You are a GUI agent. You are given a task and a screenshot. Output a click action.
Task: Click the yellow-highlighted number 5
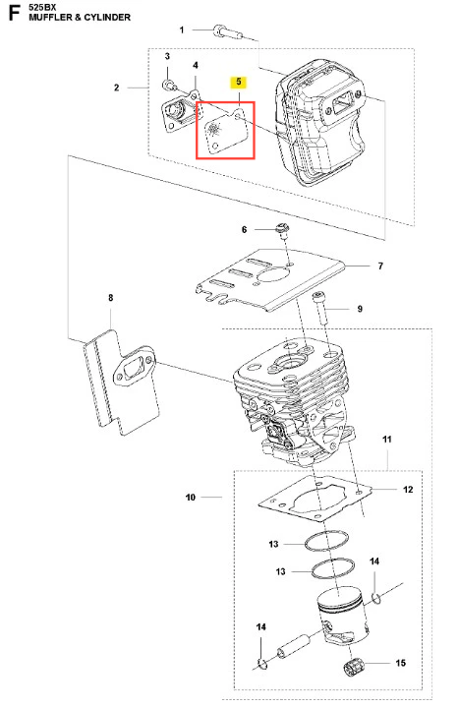(x=238, y=82)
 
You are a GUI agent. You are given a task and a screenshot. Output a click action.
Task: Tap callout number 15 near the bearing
(x=401, y=663)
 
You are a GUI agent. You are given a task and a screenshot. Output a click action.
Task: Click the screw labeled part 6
(x=282, y=230)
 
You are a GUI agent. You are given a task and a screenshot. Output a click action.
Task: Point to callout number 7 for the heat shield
(x=380, y=266)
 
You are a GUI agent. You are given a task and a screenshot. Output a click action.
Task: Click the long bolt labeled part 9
(x=320, y=308)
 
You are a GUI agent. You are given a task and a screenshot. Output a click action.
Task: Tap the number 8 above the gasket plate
(x=111, y=298)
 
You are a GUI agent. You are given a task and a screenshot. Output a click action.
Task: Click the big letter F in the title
(x=15, y=12)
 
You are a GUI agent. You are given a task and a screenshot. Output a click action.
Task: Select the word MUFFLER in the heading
(x=49, y=18)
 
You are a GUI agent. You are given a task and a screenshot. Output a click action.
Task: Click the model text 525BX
(x=42, y=7)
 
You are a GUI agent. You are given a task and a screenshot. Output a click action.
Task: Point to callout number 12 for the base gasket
(x=408, y=490)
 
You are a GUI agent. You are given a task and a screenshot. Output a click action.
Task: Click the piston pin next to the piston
(x=293, y=645)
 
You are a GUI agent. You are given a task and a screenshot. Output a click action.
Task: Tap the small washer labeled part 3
(x=169, y=85)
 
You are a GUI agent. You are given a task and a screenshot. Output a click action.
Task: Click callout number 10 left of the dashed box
(x=191, y=498)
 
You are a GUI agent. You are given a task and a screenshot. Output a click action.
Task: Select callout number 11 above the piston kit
(x=387, y=439)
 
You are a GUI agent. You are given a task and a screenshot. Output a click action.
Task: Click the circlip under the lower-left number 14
(x=261, y=664)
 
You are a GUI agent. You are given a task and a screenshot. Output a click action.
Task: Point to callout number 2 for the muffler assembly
(x=117, y=88)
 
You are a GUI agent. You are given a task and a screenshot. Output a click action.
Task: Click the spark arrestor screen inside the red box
(x=225, y=130)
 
